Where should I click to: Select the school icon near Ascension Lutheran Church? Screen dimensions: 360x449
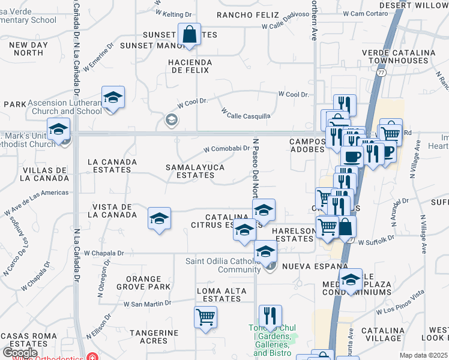tap(112, 98)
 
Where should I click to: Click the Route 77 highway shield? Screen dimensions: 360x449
tap(381, 71)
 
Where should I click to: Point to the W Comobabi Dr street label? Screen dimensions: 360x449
tap(226, 149)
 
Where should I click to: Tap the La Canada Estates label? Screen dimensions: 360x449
tap(109, 166)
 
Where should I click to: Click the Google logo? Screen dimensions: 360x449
tap(20, 353)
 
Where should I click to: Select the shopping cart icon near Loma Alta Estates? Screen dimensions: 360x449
tap(205, 317)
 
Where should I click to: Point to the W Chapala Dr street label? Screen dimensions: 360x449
tap(104, 253)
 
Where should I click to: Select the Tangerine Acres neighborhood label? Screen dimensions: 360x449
tap(157, 337)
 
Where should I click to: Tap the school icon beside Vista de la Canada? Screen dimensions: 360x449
tap(159, 219)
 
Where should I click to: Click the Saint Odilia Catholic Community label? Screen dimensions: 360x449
tap(223, 265)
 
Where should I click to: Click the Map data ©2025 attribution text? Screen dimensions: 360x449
tap(423, 355)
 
